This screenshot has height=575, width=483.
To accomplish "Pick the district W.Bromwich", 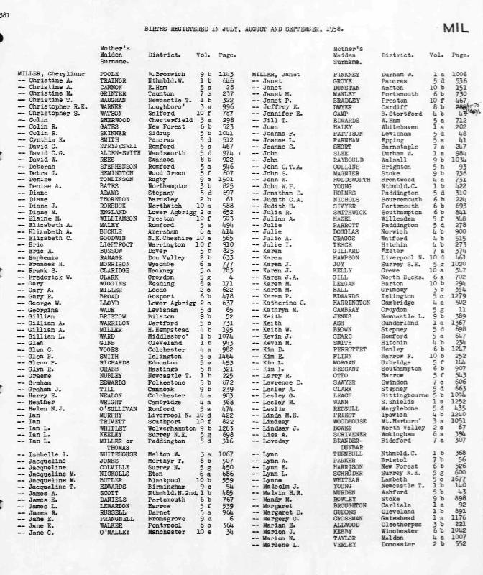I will [x=162, y=73].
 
